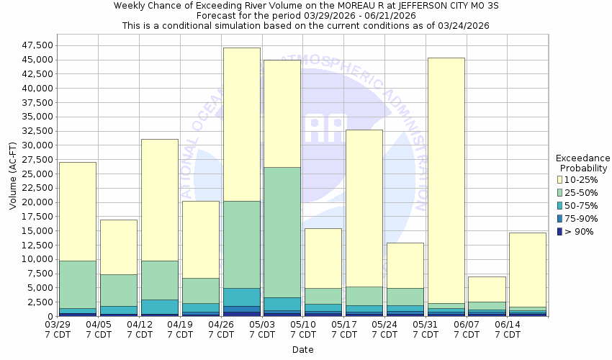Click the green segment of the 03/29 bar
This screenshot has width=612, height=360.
coord(77,284)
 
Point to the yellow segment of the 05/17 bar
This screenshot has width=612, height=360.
coord(364,208)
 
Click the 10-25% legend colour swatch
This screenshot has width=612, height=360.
coord(560,179)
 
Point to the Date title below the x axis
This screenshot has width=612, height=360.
coord(302,350)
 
